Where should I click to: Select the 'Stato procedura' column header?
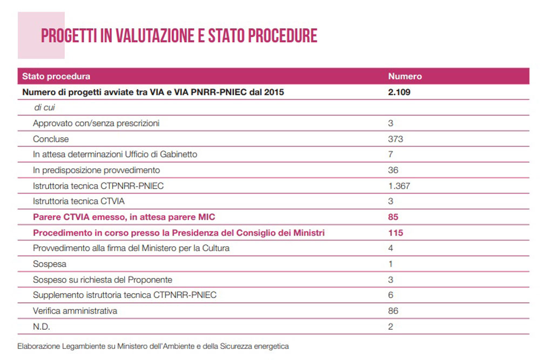56,77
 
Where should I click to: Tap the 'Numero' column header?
404,77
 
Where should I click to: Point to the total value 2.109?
399,92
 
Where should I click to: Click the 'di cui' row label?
44,107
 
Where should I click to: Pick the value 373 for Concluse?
395,139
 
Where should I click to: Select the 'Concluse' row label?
51,139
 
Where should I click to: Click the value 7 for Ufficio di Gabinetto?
390,154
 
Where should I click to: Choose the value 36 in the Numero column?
393,170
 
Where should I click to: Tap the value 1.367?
399,186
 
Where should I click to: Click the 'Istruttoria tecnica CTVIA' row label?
78,201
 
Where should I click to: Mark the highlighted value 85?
393,217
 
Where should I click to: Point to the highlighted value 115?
395,233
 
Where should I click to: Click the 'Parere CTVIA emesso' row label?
124,217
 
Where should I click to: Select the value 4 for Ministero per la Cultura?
390,248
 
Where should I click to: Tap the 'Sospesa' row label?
50,264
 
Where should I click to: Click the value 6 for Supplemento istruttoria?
390,295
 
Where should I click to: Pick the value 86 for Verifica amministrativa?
393,311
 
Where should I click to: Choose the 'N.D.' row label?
42,327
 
